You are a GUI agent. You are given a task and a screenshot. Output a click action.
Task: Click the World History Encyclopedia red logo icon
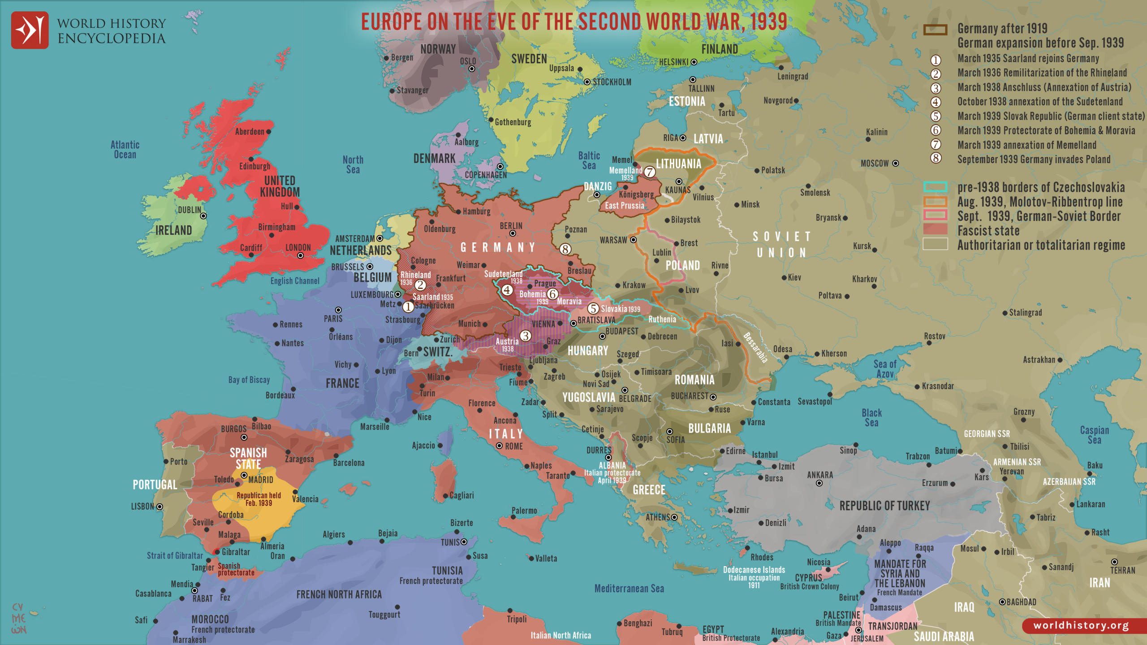click(x=30, y=30)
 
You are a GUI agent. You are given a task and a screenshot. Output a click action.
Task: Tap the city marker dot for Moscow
click(x=895, y=163)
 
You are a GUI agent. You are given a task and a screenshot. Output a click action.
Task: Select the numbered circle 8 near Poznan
click(x=565, y=249)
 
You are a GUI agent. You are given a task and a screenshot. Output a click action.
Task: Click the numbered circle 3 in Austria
click(x=525, y=335)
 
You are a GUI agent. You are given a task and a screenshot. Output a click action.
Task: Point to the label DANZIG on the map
click(x=598, y=186)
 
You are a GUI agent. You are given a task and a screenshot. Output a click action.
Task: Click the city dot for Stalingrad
click(x=1005, y=313)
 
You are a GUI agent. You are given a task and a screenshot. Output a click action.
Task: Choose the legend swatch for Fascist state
click(x=935, y=229)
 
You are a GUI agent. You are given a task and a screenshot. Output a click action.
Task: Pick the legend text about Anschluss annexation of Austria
click(x=1044, y=87)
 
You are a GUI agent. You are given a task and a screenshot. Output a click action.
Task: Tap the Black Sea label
click(x=871, y=417)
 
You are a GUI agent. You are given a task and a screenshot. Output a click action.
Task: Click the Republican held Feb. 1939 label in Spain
click(x=259, y=499)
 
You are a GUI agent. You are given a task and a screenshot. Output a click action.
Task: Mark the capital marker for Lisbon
click(x=160, y=507)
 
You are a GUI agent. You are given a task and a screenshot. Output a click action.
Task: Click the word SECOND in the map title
click(x=610, y=21)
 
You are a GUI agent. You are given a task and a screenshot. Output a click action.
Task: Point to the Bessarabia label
click(x=755, y=347)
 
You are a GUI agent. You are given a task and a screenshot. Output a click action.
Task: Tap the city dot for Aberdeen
click(x=268, y=132)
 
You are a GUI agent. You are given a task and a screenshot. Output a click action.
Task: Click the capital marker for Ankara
click(x=819, y=483)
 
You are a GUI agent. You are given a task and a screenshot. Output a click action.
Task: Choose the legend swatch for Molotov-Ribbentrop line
click(x=935, y=201)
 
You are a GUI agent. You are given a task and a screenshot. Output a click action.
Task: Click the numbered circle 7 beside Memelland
click(x=650, y=172)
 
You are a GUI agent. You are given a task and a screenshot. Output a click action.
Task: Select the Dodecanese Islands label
click(x=754, y=570)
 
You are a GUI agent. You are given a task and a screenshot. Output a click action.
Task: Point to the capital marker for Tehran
click(x=1114, y=562)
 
